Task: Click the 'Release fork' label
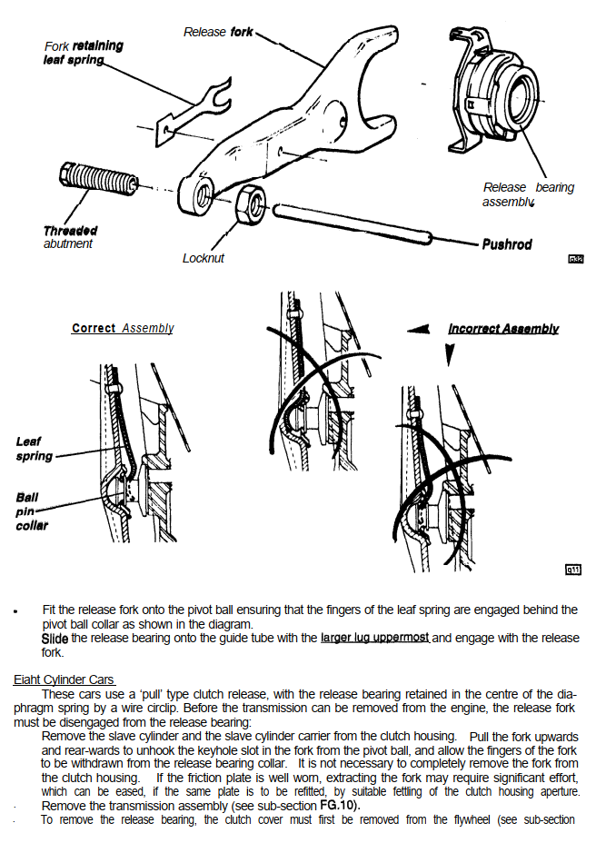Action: (x=218, y=32)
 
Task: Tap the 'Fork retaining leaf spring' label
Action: (x=83, y=53)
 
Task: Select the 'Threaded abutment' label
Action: (x=70, y=237)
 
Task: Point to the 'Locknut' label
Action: (x=203, y=258)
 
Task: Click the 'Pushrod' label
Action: (x=507, y=244)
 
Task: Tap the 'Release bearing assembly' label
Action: (x=528, y=194)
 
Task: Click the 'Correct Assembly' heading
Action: (x=123, y=328)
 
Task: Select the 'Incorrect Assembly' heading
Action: (x=502, y=328)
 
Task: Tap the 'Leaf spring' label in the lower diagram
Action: (x=35, y=449)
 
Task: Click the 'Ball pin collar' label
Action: (x=32, y=511)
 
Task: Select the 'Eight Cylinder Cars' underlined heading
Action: (x=65, y=679)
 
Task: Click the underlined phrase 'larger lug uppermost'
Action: (x=374, y=638)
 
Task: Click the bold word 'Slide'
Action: (x=55, y=638)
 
